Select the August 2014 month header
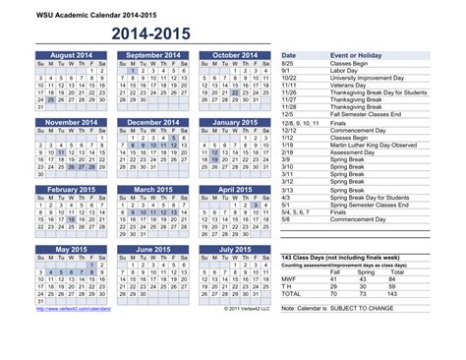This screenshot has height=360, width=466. tap(70, 56)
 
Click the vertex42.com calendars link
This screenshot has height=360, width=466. tap(74, 309)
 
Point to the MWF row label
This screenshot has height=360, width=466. tap(290, 279)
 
